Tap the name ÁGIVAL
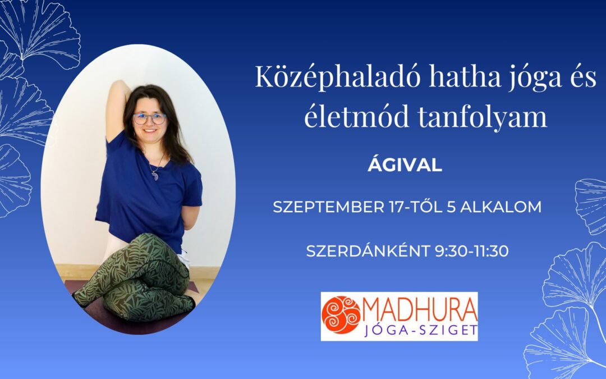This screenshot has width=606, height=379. pyautogui.click(x=405, y=164)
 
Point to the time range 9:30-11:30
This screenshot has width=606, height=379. pyautogui.click(x=472, y=252)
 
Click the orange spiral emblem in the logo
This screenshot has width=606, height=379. pyautogui.click(x=341, y=315)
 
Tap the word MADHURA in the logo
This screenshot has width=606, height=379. pyautogui.click(x=420, y=309)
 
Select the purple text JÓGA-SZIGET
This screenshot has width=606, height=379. pyautogui.click(x=421, y=330)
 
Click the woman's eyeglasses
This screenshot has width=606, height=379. pyautogui.click(x=149, y=118)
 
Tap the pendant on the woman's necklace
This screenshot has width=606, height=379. pyautogui.click(x=155, y=176)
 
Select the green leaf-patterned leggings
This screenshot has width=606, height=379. pyautogui.click(x=136, y=279)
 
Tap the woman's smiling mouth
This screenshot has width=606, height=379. pyautogui.click(x=150, y=131)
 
